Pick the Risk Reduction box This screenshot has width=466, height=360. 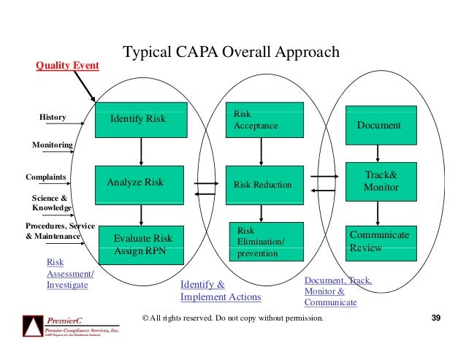click(262, 185)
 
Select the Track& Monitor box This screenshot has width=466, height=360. click(381, 182)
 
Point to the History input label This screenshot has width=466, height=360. click(52, 118)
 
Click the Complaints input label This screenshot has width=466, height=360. click(46, 177)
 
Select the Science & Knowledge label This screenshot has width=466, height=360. click(51, 202)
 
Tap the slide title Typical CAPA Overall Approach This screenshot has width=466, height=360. click(230, 53)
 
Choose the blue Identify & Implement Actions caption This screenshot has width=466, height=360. click(220, 291)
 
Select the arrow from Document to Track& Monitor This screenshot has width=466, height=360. click(378, 153)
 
